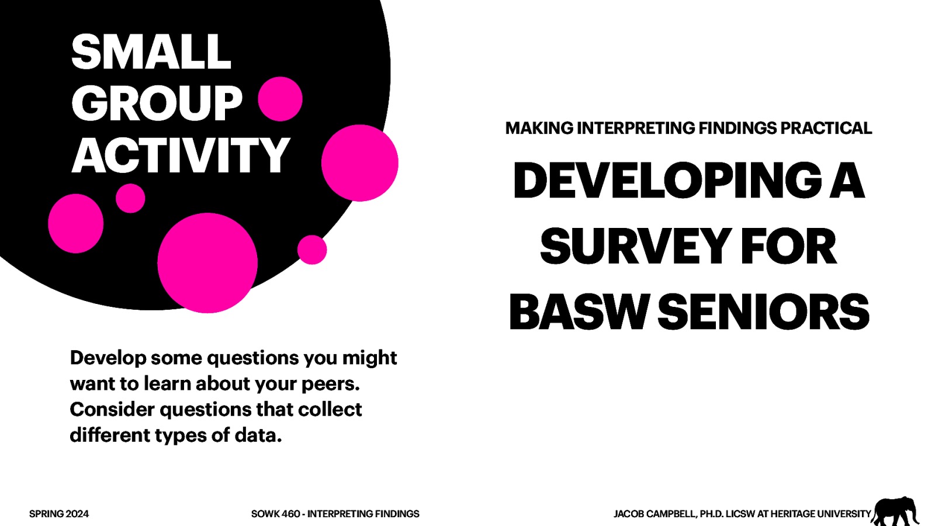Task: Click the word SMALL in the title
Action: pyautogui.click(x=151, y=53)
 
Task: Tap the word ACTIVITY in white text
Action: pyautogui.click(x=181, y=156)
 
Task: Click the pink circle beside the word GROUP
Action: pyautogui.click(x=280, y=99)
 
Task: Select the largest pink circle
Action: pyautogui.click(x=207, y=262)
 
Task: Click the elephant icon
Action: pyautogui.click(x=895, y=511)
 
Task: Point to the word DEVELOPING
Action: pyautogui.click(x=667, y=181)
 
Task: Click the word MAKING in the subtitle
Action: pyautogui.click(x=539, y=128)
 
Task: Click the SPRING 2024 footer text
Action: pyautogui.click(x=59, y=514)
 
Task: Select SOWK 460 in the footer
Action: pyautogui.click(x=275, y=514)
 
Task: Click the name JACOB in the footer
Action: pyautogui.click(x=629, y=514)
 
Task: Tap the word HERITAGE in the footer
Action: pyautogui.click(x=792, y=514)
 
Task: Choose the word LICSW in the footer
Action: pyautogui.click(x=740, y=514)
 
